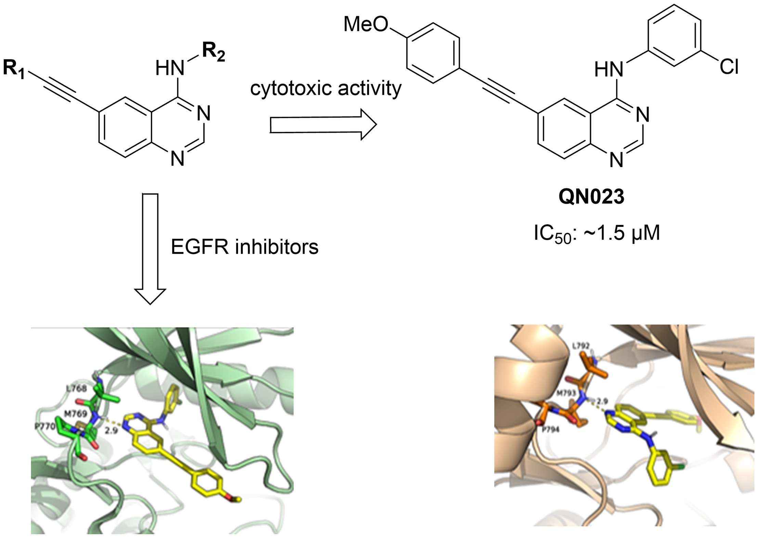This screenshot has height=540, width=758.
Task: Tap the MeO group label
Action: tap(365, 25)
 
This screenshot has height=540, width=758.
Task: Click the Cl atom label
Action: tap(729, 66)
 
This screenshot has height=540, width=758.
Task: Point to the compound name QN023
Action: tap(591, 197)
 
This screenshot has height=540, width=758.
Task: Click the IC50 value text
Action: tap(597, 234)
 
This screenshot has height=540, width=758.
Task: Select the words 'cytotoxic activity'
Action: tap(326, 88)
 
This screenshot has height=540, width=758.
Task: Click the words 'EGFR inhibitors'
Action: tap(245, 247)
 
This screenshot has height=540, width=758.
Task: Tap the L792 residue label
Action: tap(581, 346)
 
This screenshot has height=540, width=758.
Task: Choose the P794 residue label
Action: tap(550, 430)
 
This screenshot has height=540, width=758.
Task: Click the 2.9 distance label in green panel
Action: tap(111, 430)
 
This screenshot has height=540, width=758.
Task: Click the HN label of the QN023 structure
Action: tap(609, 69)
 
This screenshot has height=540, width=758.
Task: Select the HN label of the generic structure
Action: tap(170, 68)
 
